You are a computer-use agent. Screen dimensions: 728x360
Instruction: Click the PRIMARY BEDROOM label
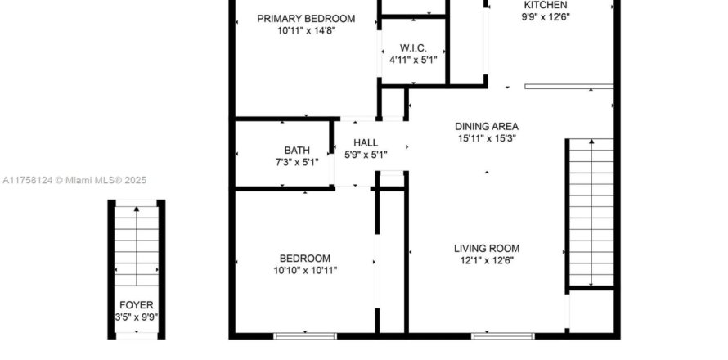click(x=306, y=19)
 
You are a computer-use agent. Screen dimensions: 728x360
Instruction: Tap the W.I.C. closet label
click(x=413, y=47)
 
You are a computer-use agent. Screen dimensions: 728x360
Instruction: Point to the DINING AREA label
click(x=487, y=126)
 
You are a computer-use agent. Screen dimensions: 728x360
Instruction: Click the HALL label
click(x=366, y=142)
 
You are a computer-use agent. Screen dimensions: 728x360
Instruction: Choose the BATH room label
click(x=297, y=151)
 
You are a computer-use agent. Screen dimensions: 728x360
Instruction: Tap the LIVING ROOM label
click(x=487, y=249)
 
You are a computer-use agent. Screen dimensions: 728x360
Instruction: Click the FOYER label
click(x=137, y=305)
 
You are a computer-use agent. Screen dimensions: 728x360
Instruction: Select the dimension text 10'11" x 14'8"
click(x=307, y=30)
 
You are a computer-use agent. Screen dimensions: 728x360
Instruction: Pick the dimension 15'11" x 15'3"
click(x=487, y=138)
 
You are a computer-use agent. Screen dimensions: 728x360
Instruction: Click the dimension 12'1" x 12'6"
click(x=487, y=260)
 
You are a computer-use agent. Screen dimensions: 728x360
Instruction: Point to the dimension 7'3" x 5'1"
click(x=297, y=162)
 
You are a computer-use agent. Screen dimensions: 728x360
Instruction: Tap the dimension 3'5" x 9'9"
click(x=137, y=317)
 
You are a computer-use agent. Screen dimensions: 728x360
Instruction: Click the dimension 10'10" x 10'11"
click(x=305, y=270)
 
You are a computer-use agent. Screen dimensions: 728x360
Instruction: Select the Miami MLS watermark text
click(x=74, y=180)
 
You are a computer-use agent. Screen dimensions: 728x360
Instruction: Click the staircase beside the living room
click(x=591, y=212)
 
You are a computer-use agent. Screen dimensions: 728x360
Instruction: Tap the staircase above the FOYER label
click(x=137, y=245)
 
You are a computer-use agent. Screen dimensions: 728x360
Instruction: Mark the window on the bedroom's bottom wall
click(x=305, y=335)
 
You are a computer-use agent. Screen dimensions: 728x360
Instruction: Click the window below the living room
click(x=503, y=335)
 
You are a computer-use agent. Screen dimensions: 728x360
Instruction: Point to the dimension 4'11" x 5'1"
click(x=413, y=60)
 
